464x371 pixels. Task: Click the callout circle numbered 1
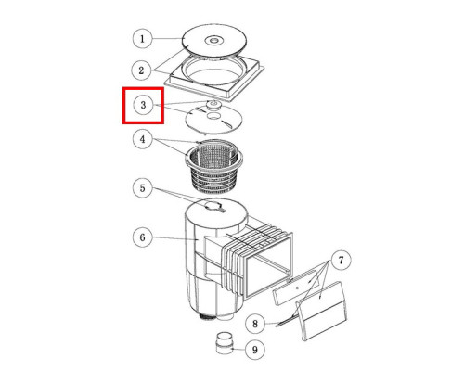tap(142, 39)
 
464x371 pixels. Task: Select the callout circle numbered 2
tap(141, 70)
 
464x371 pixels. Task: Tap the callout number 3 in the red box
tap(143, 105)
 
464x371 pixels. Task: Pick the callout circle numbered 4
tap(142, 139)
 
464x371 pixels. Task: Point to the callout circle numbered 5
tap(142, 188)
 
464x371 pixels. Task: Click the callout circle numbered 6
tap(142, 237)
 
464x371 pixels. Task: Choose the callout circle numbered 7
tap(341, 261)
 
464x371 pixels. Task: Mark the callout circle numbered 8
tap(255, 324)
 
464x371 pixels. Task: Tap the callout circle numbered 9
tap(255, 350)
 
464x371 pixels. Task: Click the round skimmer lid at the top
tap(214, 40)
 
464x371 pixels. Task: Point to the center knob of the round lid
tap(213, 40)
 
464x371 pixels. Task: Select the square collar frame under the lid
tap(214, 78)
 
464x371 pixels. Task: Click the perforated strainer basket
tap(213, 167)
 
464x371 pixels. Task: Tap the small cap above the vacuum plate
tap(213, 104)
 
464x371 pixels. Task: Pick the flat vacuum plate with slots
tap(213, 120)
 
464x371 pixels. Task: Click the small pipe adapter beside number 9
tap(225, 343)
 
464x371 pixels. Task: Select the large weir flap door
tap(322, 311)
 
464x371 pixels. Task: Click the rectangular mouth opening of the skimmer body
tap(268, 265)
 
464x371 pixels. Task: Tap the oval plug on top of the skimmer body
tap(214, 206)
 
